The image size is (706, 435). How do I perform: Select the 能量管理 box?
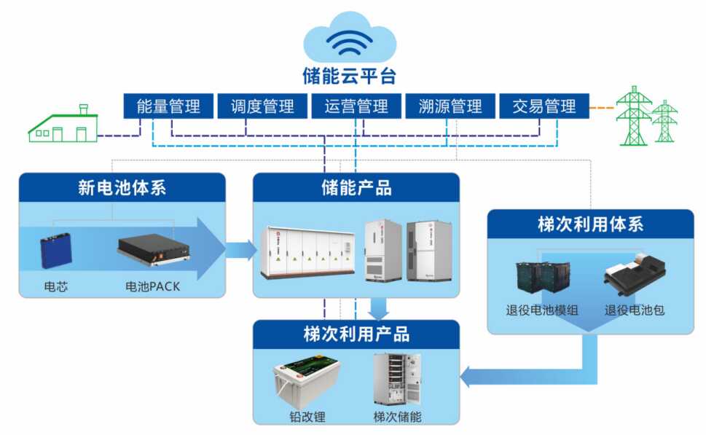click(x=168, y=106)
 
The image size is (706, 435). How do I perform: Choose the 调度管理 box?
click(x=262, y=106)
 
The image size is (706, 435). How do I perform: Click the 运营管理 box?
click(x=356, y=106)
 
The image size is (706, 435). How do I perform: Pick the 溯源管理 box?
click(x=450, y=106)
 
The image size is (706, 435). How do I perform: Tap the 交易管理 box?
click(x=544, y=106)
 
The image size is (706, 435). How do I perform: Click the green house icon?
click(x=63, y=125)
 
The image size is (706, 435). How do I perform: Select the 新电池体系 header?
click(x=122, y=188)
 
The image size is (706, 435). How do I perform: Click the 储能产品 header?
click(x=356, y=188)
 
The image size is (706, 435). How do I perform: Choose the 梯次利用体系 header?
click(x=590, y=224)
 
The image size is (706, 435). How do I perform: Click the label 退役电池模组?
click(x=542, y=310)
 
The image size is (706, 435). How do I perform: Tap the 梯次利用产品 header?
click(x=356, y=335)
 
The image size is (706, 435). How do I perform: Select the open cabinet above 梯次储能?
click(x=396, y=379)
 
